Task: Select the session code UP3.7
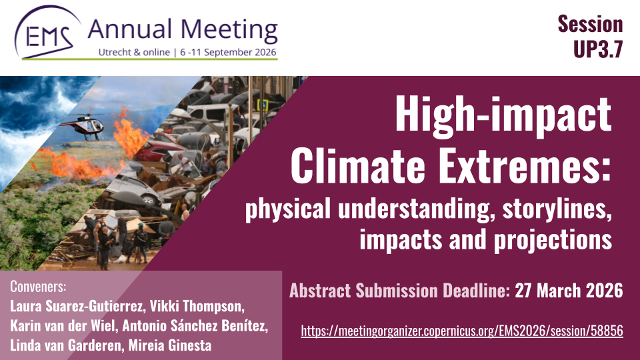pos(598,49)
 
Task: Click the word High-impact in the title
pos(503,115)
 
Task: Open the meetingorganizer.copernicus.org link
pos(462,331)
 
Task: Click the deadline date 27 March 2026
pos(569,291)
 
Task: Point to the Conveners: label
pos(38,287)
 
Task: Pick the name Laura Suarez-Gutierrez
pos(77,306)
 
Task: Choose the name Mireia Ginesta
pos(170,345)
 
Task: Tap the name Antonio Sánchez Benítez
pos(195,326)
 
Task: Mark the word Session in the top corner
pos(590,24)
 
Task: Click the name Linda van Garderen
pos(65,345)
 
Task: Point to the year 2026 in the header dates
pos(265,52)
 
